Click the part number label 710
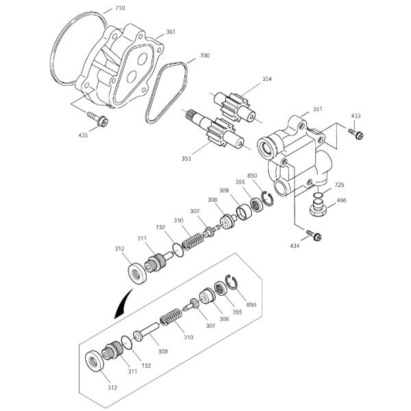point(120,8)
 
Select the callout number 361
point(171,32)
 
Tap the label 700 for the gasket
point(204,55)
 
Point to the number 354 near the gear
point(266,80)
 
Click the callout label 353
point(187,158)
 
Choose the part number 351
point(317,109)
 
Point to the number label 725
point(339,185)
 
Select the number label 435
point(82,135)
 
